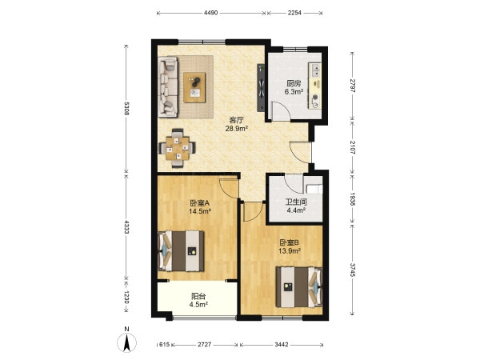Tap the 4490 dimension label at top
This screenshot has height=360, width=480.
point(210,13)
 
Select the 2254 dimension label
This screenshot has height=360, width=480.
point(294,13)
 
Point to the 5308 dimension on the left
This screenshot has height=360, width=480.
point(127,109)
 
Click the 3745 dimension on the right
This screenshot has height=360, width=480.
point(352,270)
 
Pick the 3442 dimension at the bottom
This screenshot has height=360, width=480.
point(282,345)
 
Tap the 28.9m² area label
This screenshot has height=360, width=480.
point(236,129)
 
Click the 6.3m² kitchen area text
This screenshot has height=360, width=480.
point(294,91)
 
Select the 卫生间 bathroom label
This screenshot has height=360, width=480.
point(296,202)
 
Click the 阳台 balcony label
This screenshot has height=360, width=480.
point(198,296)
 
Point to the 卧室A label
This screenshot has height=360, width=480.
point(199,202)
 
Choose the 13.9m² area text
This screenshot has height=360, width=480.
point(290,251)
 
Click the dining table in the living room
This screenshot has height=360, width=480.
point(178,149)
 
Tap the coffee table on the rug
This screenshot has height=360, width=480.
point(194,87)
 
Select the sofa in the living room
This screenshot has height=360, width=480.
point(168,87)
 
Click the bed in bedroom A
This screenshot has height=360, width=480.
point(181,251)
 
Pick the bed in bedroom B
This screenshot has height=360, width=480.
point(299,287)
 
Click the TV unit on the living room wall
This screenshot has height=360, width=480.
point(261,87)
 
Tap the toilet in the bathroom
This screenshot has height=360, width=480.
point(315,189)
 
